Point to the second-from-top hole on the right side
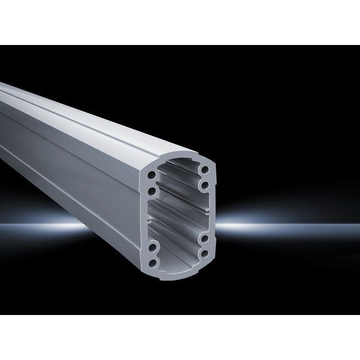click(x=205, y=185)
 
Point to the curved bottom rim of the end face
click(x=180, y=269)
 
